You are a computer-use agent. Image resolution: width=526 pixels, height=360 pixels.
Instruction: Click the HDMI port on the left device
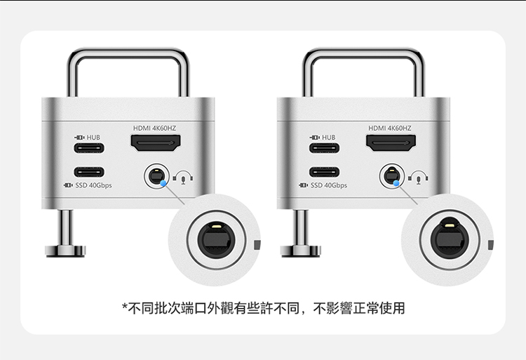click(156, 143)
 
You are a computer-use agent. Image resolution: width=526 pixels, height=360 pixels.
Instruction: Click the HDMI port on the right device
click(391, 143)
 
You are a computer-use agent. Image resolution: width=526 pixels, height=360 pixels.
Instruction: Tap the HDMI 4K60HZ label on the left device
click(154, 128)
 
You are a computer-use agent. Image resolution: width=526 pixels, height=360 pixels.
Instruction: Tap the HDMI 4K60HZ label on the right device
click(389, 128)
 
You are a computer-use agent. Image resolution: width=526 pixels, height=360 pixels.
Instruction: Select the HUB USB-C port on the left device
click(89, 148)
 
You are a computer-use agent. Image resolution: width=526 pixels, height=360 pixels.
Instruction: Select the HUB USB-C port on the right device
click(324, 148)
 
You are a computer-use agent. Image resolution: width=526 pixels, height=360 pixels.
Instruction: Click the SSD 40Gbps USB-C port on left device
click(89, 172)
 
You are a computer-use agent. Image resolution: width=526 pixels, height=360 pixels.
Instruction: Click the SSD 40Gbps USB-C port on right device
click(324, 172)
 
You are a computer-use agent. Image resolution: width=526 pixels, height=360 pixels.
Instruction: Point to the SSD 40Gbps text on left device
click(93, 185)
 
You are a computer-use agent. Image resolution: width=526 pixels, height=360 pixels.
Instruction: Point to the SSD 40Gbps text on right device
click(329, 185)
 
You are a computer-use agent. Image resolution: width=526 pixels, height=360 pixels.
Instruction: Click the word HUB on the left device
click(93, 138)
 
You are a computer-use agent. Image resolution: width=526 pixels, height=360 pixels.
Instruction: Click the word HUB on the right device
click(328, 138)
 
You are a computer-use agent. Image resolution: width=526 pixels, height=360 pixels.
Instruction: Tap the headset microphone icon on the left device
click(183, 178)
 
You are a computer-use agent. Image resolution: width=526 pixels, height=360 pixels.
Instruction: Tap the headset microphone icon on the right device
click(418, 178)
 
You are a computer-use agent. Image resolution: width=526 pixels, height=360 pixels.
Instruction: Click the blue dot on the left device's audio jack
click(163, 183)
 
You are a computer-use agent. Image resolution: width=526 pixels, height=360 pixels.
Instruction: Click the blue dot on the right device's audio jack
click(396, 183)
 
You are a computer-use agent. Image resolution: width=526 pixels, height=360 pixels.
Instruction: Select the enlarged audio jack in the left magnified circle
click(217, 240)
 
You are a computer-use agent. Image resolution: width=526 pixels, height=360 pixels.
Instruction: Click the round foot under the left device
click(65, 251)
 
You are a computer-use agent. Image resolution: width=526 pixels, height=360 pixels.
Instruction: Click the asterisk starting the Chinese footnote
click(125, 307)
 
